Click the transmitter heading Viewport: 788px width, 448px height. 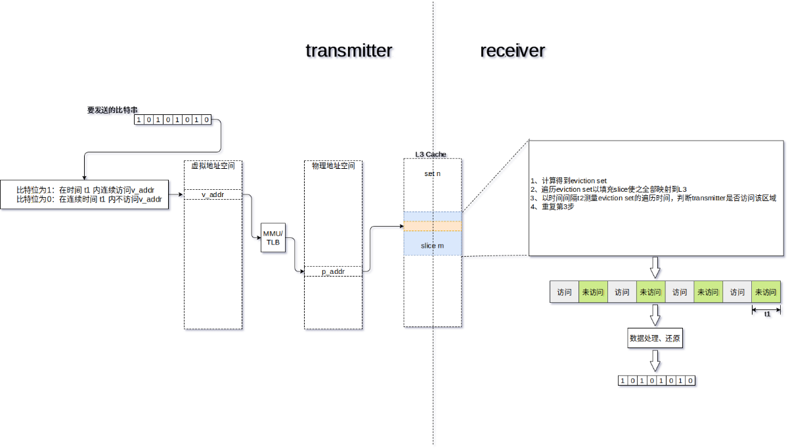pos(349,51)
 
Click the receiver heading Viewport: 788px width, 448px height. pos(512,51)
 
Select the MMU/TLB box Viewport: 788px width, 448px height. pos(273,238)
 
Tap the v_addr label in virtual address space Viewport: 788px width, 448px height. pos(213,194)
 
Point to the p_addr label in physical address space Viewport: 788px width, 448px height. pos(333,271)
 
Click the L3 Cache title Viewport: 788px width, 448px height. pos(431,154)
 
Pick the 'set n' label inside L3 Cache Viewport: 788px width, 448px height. pos(432,173)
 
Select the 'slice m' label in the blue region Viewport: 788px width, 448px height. pos(432,246)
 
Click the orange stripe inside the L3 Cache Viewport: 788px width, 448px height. pos(433,226)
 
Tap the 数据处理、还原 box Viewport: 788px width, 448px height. pos(654,339)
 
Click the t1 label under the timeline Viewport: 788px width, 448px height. pos(767,314)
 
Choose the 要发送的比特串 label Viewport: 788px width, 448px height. pos(112,110)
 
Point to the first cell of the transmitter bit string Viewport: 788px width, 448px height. pos(139,120)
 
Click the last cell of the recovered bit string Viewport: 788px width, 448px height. pos(690,380)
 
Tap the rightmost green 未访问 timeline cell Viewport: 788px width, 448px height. pos(766,292)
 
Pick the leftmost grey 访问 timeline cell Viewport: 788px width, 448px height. pos(565,292)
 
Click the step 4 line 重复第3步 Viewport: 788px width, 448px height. pos(554,207)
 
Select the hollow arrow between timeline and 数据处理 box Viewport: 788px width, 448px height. pos(654,317)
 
